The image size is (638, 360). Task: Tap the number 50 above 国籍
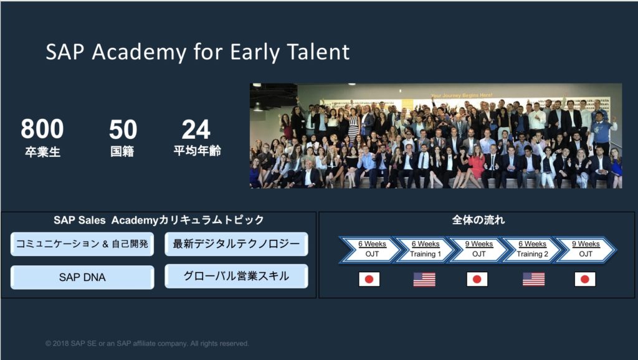tap(123, 130)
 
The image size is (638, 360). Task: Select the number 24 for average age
tap(196, 130)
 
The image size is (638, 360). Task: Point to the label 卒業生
tap(42, 152)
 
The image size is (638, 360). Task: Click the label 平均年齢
tap(197, 151)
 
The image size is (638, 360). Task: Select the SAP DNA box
tap(82, 277)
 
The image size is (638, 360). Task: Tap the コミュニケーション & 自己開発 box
tap(82, 244)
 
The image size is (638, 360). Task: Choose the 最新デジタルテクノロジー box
tap(236, 244)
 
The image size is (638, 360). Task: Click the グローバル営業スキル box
tap(236, 276)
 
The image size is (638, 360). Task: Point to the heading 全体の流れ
tap(478, 220)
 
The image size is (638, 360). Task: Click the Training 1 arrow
tap(425, 249)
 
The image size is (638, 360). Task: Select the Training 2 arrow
tap(532, 249)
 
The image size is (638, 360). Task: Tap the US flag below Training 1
tap(424, 280)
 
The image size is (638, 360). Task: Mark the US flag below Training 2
tap(533, 280)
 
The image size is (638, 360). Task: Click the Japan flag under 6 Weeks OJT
tap(369, 280)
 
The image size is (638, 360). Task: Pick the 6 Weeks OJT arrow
tap(371, 249)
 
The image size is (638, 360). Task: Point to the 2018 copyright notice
tap(147, 343)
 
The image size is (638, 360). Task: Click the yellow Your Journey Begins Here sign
tap(462, 95)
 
